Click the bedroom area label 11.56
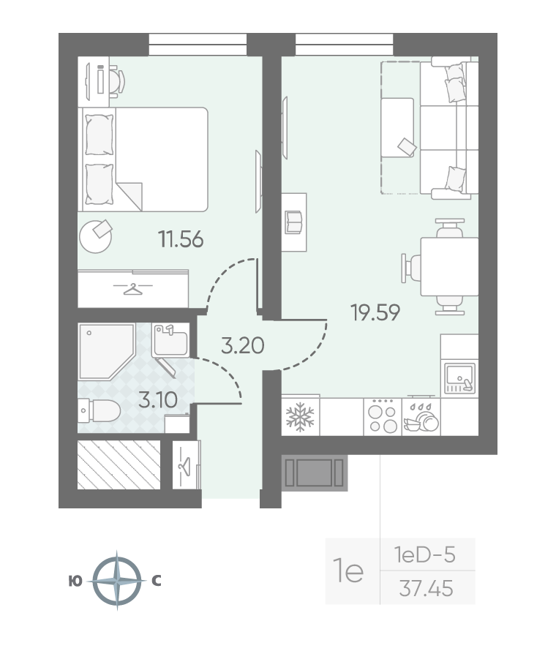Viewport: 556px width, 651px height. [x=181, y=239]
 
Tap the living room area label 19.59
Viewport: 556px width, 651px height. [x=375, y=312]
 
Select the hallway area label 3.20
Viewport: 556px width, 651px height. [x=242, y=345]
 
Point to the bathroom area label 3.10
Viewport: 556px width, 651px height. [x=158, y=400]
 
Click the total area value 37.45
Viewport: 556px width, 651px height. [x=426, y=588]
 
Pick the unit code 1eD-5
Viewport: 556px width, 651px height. [x=424, y=554]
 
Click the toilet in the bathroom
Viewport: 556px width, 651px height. [x=99, y=410]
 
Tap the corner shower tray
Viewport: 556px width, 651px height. [x=107, y=352]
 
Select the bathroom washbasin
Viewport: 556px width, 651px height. [x=170, y=340]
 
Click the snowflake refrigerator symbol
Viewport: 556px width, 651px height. [x=300, y=417]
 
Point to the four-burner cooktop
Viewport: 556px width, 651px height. [x=383, y=417]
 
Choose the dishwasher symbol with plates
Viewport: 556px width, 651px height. [x=421, y=417]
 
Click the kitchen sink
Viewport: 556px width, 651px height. [x=459, y=378]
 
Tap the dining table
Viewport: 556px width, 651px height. [x=449, y=266]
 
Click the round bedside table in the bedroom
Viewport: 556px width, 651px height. [x=96, y=236]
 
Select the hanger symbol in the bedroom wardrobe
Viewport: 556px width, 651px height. [x=133, y=288]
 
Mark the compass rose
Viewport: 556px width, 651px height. [x=117, y=581]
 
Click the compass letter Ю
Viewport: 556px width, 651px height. [x=75, y=582]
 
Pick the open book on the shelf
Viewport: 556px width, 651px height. [x=293, y=222]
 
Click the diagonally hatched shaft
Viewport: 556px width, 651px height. [x=119, y=464]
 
